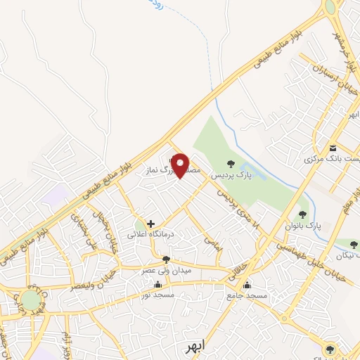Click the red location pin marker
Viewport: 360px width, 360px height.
(181, 165)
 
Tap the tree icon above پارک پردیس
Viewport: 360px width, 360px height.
(231, 164)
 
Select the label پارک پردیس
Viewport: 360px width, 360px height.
(234, 174)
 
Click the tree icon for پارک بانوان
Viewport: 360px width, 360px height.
(303, 214)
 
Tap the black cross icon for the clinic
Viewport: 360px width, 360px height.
(150, 224)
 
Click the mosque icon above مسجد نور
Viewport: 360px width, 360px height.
(157, 285)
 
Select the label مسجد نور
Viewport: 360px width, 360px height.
(157, 295)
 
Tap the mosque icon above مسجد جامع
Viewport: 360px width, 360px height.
(247, 285)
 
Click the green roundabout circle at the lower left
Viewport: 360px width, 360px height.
(30, 300)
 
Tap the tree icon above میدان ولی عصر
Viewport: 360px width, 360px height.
(166, 259)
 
